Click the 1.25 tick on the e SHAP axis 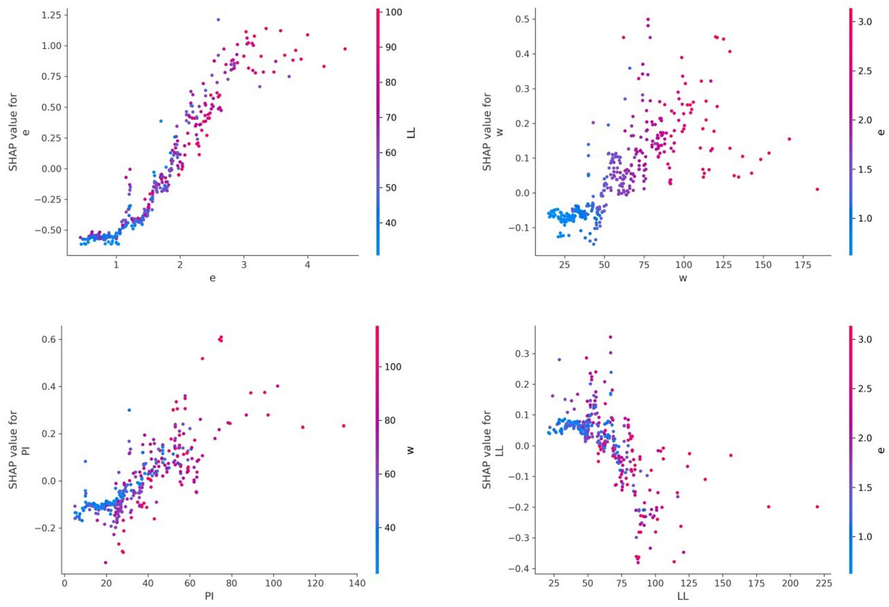(51, 15)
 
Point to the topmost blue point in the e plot (218, 20)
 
